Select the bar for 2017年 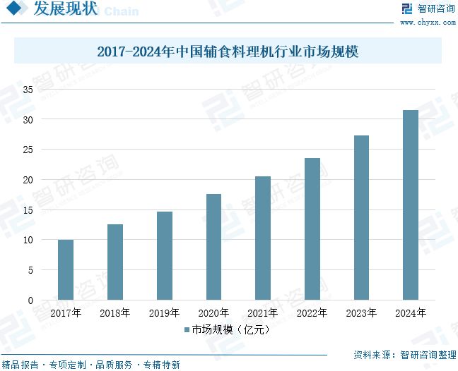[66, 270]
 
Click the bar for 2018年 [115, 262]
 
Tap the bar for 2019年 [164, 256]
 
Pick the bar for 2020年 [213, 247]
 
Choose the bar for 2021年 [263, 238]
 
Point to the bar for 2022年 [312, 229]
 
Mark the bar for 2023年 [361, 218]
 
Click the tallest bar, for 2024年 [411, 205]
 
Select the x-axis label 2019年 [164, 312]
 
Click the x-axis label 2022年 [312, 312]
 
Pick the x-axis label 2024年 [411, 312]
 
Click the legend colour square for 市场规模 [187, 329]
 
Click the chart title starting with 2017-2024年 [228, 51]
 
